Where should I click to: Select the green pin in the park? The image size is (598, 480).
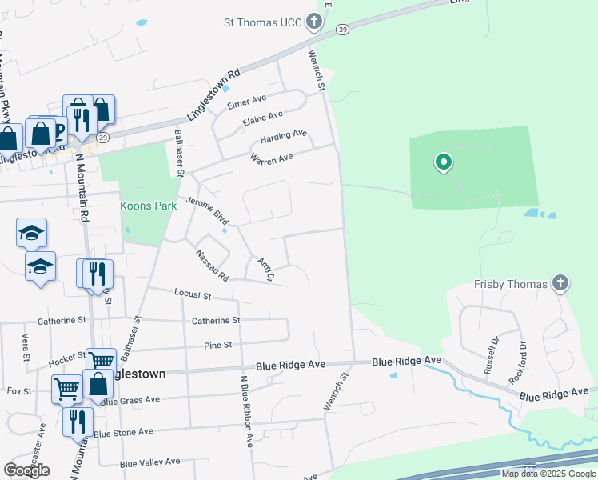[x=443, y=164]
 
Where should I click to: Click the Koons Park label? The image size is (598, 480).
[x=148, y=206]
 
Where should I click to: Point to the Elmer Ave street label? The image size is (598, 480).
[x=246, y=102]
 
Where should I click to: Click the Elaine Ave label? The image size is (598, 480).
[x=264, y=118]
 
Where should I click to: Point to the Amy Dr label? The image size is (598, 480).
[x=265, y=269]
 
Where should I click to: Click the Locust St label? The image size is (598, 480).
[x=193, y=294]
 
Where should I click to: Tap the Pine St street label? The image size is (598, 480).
[x=217, y=345]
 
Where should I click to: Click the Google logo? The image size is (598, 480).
[x=26, y=470]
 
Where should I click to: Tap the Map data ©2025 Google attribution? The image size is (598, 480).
[x=548, y=474]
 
